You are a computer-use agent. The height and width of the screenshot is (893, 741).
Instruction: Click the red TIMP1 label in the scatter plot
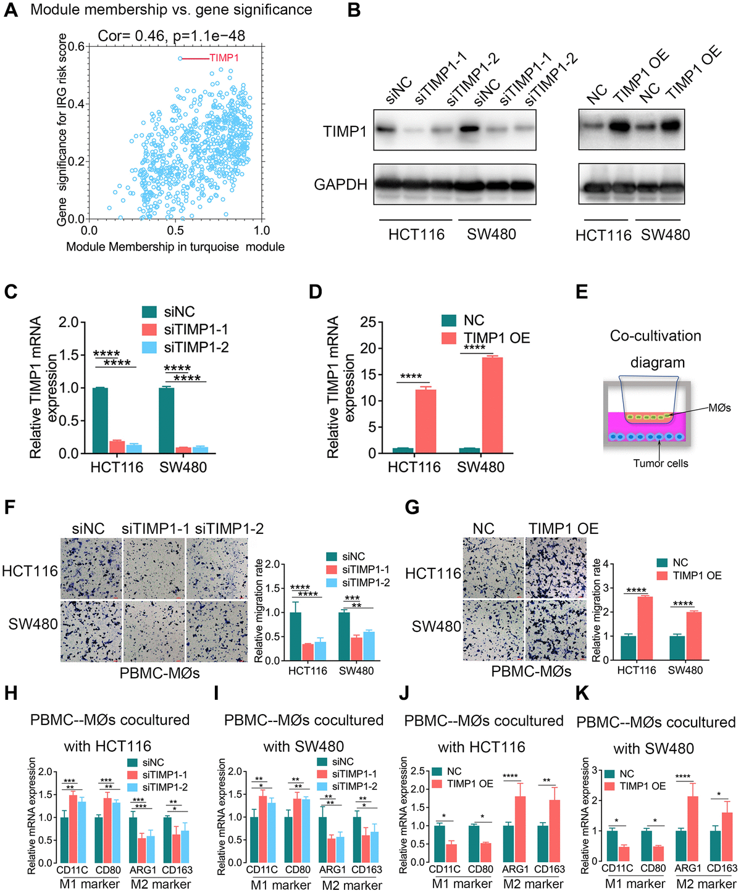[x=224, y=58]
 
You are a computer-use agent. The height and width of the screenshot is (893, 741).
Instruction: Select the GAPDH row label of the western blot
[x=340, y=185]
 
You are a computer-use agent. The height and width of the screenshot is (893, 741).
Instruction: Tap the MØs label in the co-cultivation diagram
[x=720, y=408]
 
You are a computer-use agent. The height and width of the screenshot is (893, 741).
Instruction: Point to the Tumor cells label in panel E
[x=660, y=463]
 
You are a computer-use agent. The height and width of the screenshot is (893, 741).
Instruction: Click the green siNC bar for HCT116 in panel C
[x=100, y=420]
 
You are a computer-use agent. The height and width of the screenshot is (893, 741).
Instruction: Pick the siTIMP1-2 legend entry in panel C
[x=196, y=347]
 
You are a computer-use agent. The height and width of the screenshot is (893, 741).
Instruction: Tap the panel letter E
[x=582, y=291]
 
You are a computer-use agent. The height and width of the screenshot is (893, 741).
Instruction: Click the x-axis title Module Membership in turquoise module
[x=175, y=247]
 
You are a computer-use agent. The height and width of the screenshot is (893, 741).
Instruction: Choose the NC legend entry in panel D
[x=473, y=320]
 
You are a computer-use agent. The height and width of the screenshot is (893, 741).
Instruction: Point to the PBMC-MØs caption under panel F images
[x=159, y=672]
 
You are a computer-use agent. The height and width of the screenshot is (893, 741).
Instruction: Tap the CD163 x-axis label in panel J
[x=549, y=870]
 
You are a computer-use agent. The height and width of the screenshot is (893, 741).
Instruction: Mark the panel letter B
[x=354, y=11]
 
